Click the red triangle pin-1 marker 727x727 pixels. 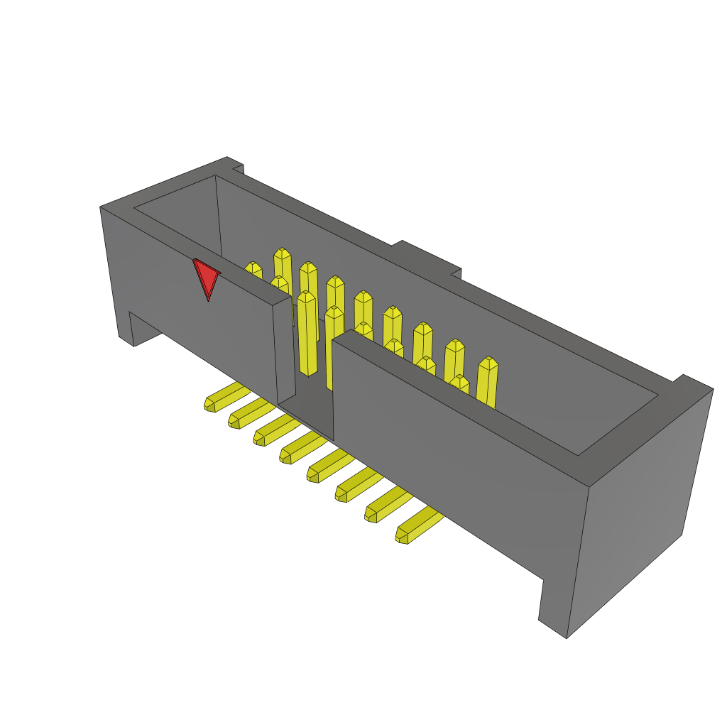click(x=206, y=277)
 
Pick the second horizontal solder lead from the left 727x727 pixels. click(x=250, y=412)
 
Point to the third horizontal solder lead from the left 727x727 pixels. click(x=275, y=430)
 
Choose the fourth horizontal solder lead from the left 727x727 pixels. click(x=302, y=447)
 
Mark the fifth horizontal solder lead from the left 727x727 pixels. click(x=329, y=465)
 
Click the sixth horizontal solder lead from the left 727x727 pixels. click(x=357, y=485)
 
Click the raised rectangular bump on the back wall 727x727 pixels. click(x=426, y=256)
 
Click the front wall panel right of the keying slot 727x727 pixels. click(x=454, y=454)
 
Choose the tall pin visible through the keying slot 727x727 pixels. click(x=307, y=334)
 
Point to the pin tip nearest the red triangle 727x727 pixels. click(x=253, y=269)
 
